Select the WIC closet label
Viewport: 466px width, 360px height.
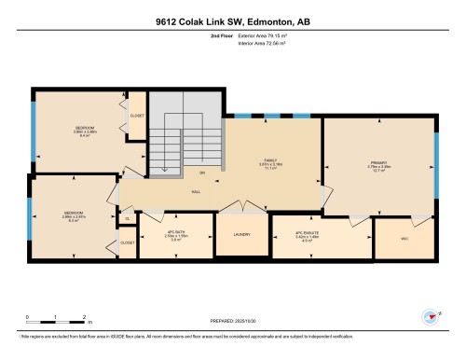pos(403,238)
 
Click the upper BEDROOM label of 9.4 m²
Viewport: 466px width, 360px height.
pos(85,129)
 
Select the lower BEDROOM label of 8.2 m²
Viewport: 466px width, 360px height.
pos(75,214)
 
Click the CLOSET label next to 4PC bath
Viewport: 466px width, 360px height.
pos(127,242)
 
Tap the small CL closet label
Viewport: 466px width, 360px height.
pos(127,220)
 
